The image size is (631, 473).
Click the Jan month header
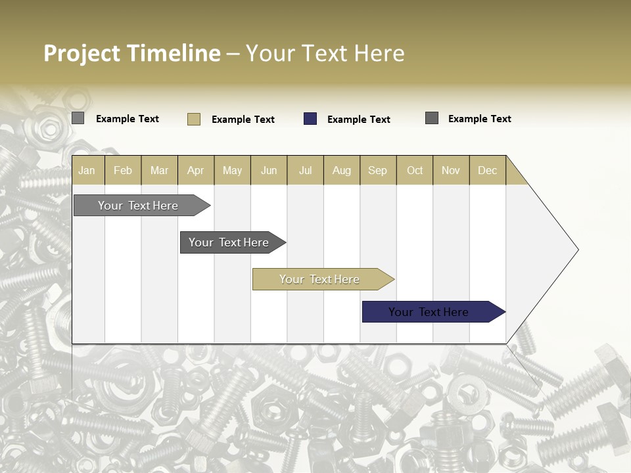[x=87, y=170]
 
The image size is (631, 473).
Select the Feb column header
[x=123, y=170]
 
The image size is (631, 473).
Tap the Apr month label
[x=195, y=170]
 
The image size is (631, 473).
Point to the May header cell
[x=232, y=170]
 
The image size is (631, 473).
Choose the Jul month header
[x=305, y=170]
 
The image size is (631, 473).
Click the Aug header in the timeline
[x=341, y=170]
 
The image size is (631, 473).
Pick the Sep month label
[x=377, y=170]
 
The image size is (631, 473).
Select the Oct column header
[x=415, y=170]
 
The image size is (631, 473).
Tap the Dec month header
[x=487, y=170]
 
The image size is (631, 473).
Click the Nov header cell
[x=450, y=170]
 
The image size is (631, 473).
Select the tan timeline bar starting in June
[x=320, y=279]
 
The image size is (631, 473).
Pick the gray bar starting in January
[x=139, y=206]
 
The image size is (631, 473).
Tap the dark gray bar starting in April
[x=229, y=242]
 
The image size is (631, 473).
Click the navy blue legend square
[x=310, y=119]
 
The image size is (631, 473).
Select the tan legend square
[x=194, y=119]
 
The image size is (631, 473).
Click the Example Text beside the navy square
[x=358, y=120]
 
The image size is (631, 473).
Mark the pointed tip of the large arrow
[x=578, y=250]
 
